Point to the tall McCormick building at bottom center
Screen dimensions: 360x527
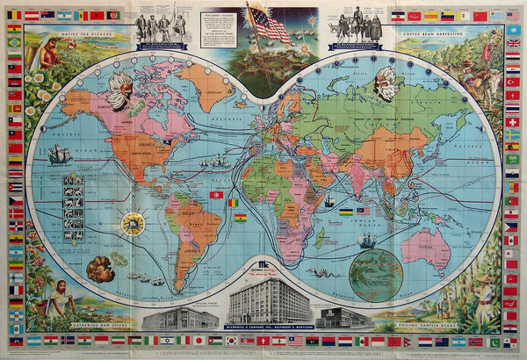pos(269,304)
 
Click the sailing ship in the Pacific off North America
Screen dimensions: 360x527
pos(57,155)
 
